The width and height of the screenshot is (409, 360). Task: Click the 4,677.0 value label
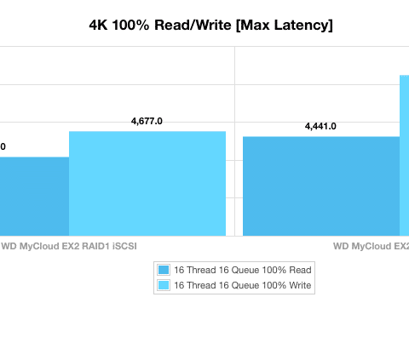(147, 122)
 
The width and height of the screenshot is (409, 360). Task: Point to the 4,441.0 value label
(320, 127)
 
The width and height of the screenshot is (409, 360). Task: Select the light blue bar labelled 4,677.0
(147, 183)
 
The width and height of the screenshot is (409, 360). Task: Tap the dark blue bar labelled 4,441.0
(321, 186)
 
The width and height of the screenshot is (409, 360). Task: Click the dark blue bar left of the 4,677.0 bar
(34, 197)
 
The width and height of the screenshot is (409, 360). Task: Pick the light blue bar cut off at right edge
(405, 156)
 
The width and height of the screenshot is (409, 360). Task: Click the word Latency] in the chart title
(303, 26)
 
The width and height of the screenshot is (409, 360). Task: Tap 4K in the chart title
(98, 26)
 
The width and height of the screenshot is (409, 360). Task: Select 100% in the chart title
(130, 26)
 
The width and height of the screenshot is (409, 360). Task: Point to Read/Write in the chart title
(193, 26)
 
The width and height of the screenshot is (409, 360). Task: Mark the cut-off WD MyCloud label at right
(372, 246)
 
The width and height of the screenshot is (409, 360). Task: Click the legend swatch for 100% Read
(164, 270)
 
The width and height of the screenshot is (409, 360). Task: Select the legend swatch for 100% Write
(164, 285)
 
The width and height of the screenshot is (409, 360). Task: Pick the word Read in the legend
(300, 270)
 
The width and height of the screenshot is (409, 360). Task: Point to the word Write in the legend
(300, 285)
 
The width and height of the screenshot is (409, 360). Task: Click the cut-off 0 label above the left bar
(3, 146)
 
